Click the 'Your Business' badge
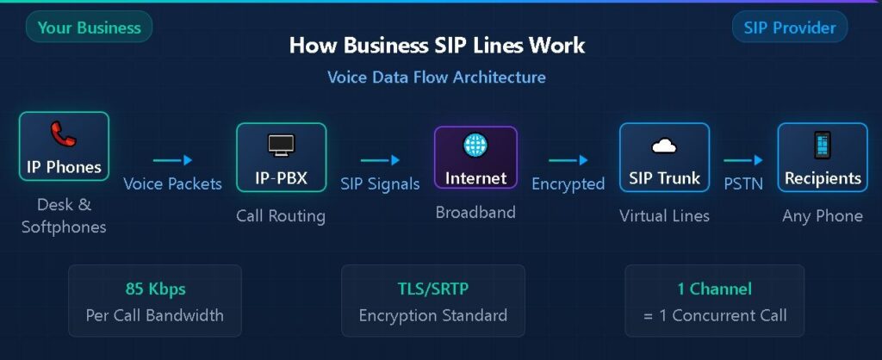coord(89,28)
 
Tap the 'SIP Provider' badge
coord(789,28)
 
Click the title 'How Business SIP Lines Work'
coord(437,46)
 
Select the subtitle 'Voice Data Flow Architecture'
coord(437,78)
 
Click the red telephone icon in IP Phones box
coord(63,134)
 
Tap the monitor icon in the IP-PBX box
coord(281,145)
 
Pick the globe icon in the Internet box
coord(475,145)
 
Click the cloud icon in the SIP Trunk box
coord(664,146)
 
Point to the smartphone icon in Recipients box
coord(822,146)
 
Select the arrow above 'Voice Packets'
coord(172,159)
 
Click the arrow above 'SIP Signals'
coord(380,159)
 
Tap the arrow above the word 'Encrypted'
coord(568,159)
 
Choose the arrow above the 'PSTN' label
coord(742,159)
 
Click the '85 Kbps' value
coord(154,289)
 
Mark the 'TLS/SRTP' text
coord(432,289)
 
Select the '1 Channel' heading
coord(714,289)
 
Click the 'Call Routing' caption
coord(281,215)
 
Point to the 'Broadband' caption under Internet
coord(475,212)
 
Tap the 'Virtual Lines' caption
coord(664,215)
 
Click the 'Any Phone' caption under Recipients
coord(822,215)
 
